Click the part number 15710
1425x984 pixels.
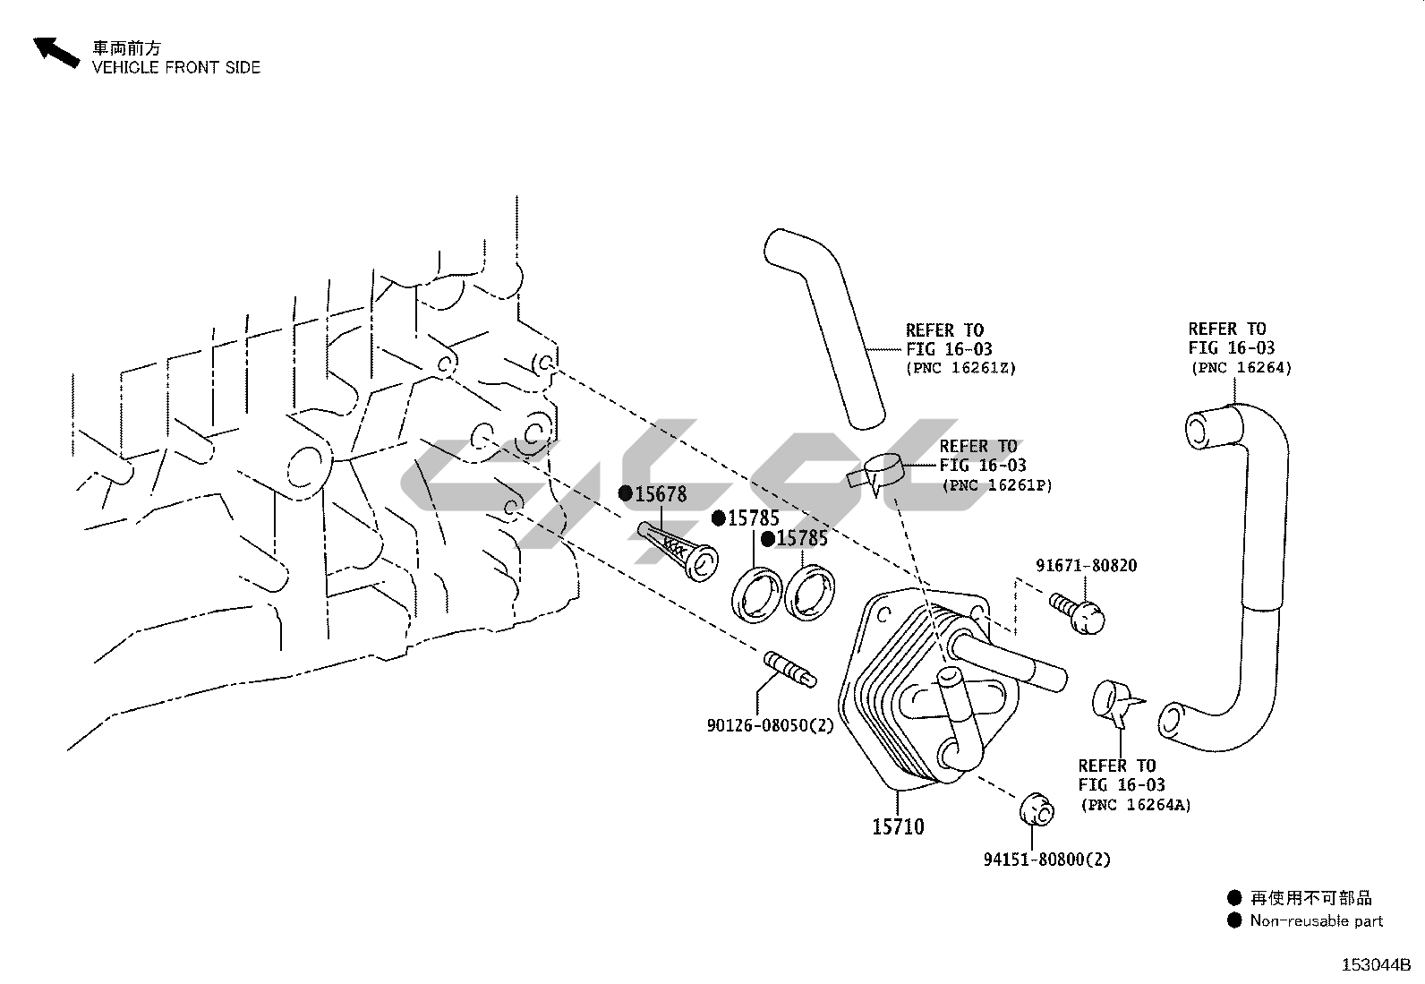898,826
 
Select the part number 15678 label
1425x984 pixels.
661,493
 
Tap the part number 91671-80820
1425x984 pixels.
1087,566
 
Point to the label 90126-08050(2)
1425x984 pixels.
770,725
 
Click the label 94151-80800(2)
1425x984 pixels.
1046,860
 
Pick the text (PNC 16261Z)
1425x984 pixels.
960,368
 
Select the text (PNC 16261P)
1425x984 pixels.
996,485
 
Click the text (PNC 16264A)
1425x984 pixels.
1135,805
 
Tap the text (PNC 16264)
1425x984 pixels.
1241,367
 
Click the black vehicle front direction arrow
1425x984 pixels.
55,52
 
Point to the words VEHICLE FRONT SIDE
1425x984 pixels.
176,67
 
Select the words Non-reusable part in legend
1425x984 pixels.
1316,920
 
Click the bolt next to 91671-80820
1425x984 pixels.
1079,612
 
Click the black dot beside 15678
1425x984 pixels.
626,493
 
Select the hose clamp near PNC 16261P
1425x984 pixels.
878,471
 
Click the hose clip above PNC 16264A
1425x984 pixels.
1114,700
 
